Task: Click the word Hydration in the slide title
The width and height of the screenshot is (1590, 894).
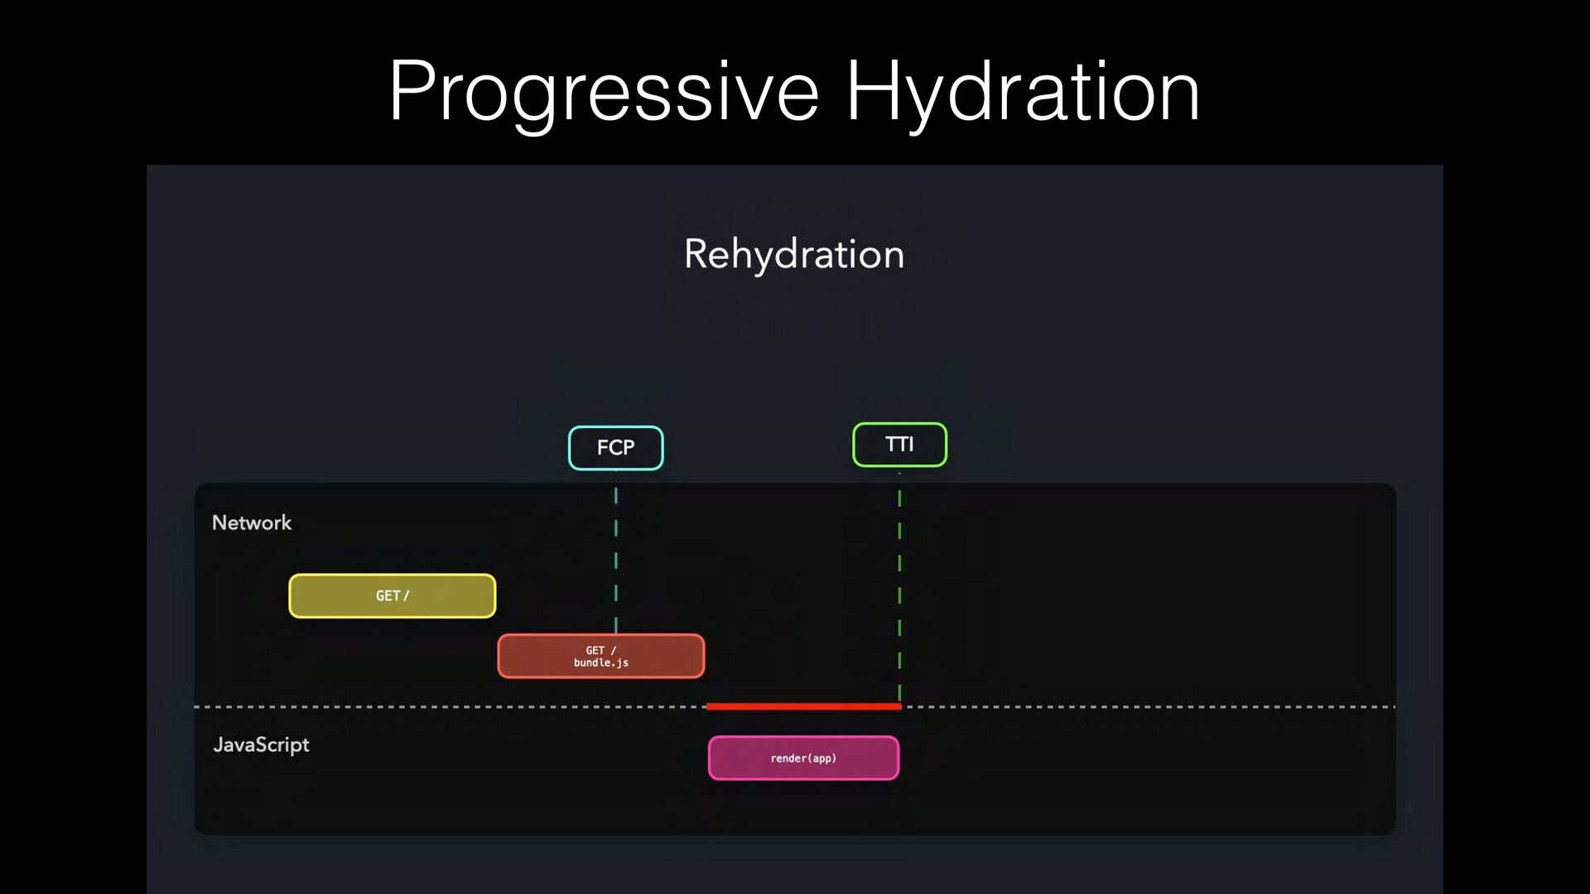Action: point(1023,93)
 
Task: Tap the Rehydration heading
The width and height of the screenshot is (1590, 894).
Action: point(794,254)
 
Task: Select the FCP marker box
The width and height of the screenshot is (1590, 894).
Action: point(616,448)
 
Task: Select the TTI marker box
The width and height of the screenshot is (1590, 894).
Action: point(899,445)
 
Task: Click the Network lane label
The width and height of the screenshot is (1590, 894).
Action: point(252,522)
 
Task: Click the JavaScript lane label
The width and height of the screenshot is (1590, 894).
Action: point(261,745)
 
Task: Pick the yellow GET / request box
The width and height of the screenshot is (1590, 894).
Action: point(393,596)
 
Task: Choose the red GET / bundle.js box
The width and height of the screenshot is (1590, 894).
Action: point(601,656)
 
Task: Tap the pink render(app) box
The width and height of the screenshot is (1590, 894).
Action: point(803,758)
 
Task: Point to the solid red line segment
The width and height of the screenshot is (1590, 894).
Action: point(803,706)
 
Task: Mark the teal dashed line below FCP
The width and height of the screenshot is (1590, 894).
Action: point(616,561)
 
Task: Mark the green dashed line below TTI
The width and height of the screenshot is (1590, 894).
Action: point(899,588)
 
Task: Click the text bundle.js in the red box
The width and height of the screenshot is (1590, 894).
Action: point(601,663)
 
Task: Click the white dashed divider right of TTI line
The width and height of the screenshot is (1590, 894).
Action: point(1149,707)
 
